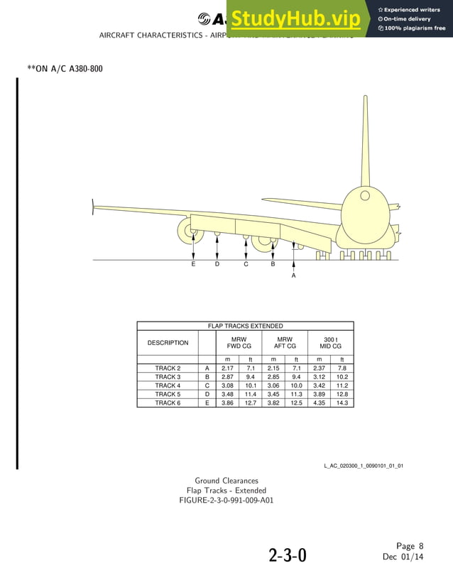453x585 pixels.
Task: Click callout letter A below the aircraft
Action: click(x=293, y=276)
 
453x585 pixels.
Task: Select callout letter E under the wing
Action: click(x=193, y=264)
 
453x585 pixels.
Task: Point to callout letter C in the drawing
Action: click(x=246, y=264)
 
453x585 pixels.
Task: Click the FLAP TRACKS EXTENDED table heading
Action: click(x=245, y=326)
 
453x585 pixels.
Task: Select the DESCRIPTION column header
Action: click(x=168, y=343)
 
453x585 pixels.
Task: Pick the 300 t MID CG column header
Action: click(x=330, y=343)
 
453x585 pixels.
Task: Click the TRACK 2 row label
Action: click(x=168, y=368)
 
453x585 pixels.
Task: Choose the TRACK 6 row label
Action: click(x=168, y=403)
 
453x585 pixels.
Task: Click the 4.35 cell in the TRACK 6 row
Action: click(x=319, y=403)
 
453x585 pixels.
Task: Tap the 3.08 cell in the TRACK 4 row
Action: click(x=227, y=386)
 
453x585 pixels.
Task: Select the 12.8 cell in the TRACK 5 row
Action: click(x=342, y=394)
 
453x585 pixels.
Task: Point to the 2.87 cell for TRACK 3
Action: click(x=227, y=377)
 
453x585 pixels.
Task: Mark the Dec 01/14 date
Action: click(x=403, y=557)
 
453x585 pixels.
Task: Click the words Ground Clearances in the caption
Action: click(x=226, y=481)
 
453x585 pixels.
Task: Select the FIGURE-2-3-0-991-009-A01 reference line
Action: click(x=226, y=500)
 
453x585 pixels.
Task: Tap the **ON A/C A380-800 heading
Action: click(x=60, y=69)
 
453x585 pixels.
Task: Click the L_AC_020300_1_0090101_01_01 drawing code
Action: click(x=364, y=466)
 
